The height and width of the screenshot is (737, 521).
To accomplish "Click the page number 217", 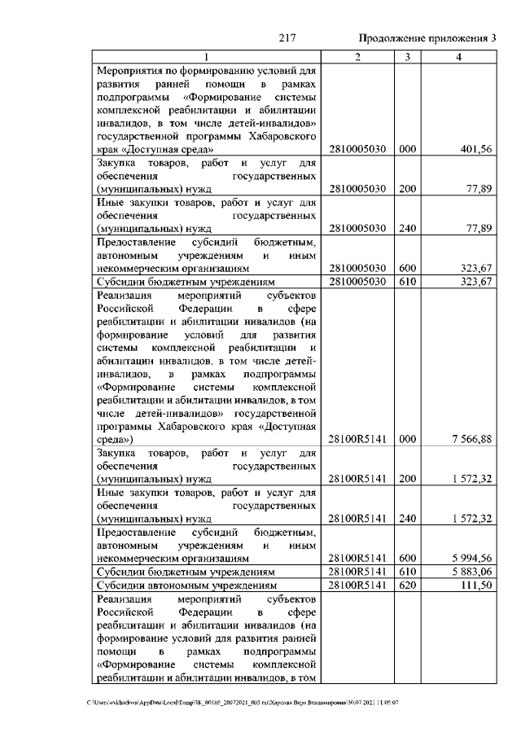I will click(x=286, y=38).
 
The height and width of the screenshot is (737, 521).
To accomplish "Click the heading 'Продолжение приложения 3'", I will click(x=427, y=38).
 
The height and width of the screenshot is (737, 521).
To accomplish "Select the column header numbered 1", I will click(x=207, y=56).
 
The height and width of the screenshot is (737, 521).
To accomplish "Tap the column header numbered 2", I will click(x=358, y=56).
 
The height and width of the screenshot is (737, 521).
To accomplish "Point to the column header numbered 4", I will click(x=460, y=56).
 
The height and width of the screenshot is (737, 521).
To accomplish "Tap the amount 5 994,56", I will click(x=471, y=558).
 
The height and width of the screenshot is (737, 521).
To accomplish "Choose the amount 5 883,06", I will click(x=471, y=572).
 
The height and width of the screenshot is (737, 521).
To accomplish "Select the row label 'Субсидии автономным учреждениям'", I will click(x=186, y=586).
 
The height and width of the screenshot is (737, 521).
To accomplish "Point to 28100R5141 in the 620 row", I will click(x=358, y=586).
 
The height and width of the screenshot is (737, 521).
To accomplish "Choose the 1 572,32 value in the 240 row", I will click(x=471, y=518).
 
